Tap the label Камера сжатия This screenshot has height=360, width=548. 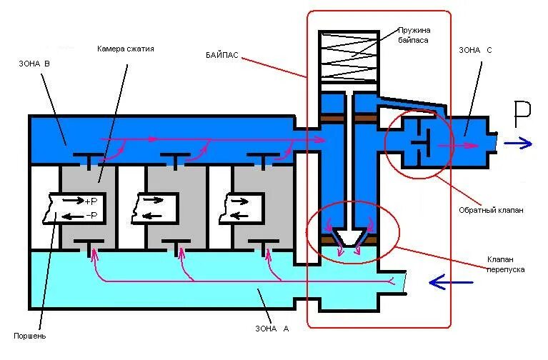(125, 49)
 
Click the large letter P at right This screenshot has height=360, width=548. (522, 114)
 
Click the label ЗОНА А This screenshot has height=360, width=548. (271, 329)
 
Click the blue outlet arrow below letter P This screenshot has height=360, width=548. (518, 144)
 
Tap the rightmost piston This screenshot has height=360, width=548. (240, 206)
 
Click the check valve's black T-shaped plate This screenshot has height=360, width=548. (421, 145)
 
